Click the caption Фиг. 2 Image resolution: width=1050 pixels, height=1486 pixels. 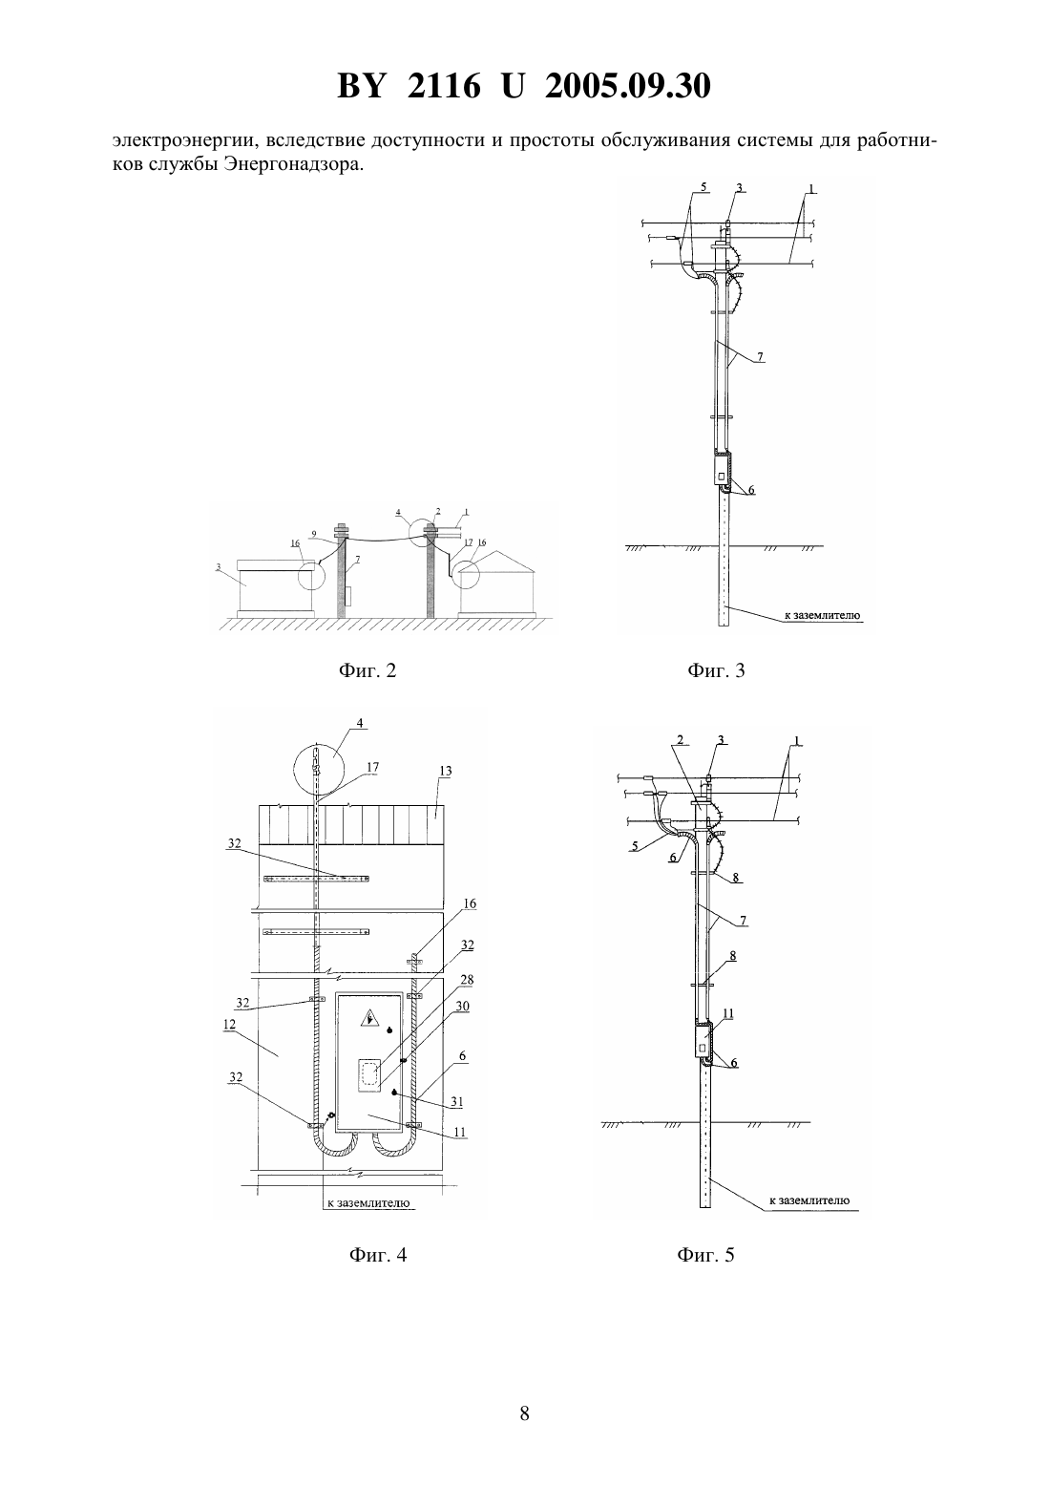tap(367, 670)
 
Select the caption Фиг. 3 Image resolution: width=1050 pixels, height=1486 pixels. tap(716, 670)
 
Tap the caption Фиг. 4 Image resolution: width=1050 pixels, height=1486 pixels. tap(378, 1255)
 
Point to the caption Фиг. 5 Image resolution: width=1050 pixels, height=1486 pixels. tap(705, 1255)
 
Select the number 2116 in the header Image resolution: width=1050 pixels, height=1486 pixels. tap(443, 86)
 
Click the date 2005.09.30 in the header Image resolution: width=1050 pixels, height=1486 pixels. tap(628, 86)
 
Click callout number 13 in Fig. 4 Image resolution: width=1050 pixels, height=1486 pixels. tap(446, 771)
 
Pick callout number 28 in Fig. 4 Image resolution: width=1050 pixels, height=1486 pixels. tap(467, 980)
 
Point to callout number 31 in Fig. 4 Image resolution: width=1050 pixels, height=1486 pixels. tap(456, 1101)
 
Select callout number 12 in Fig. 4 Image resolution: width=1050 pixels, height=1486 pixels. tap(229, 1025)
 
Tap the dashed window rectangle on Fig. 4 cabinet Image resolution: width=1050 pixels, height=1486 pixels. tap(370, 1074)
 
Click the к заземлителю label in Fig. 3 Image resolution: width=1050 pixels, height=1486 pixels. tap(823, 616)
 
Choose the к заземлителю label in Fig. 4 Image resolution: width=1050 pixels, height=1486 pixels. tap(368, 1202)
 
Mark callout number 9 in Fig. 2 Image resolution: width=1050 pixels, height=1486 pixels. tap(313, 533)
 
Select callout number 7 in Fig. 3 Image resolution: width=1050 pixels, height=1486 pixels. tap(761, 357)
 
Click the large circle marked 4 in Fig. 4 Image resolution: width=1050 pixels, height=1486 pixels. tap(295, 768)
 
